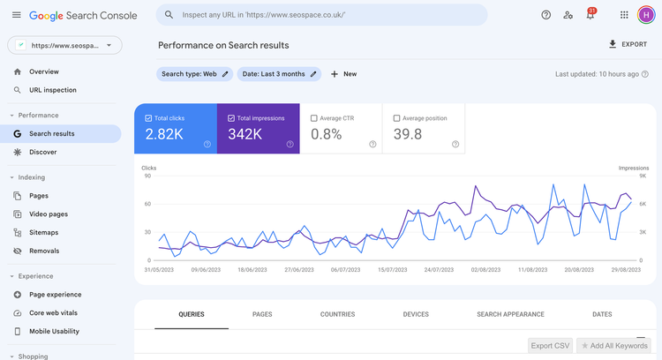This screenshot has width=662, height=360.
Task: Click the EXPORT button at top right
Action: (628, 44)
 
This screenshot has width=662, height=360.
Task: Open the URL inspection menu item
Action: (52, 90)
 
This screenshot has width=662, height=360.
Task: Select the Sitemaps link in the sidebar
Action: (43, 232)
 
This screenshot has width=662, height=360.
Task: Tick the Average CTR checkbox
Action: (314, 117)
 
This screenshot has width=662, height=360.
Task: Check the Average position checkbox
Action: (396, 117)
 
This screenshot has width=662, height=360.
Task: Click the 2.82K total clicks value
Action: (165, 134)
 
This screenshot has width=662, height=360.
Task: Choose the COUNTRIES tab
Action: (337, 314)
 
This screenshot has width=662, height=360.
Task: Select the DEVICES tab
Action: (416, 314)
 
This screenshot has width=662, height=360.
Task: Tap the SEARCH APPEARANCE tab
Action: (510, 314)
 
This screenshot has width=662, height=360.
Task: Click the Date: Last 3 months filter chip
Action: (279, 74)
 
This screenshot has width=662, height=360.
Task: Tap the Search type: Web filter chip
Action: (194, 74)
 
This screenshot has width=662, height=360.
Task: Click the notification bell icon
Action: (590, 15)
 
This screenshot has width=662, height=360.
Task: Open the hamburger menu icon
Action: (16, 15)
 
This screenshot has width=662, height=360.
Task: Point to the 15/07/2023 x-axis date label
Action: (393, 270)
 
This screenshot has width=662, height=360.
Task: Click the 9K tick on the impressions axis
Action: (643, 176)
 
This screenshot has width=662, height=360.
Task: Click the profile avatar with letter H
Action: (647, 15)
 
